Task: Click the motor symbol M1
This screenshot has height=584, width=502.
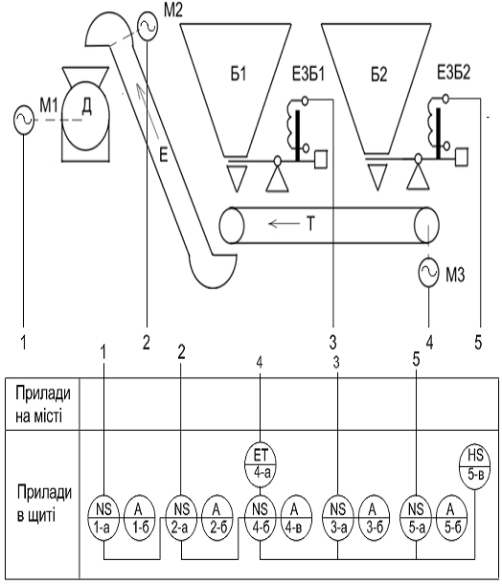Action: (24, 119)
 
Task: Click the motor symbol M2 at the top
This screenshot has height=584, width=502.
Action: (148, 26)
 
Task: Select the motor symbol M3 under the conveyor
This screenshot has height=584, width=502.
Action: (428, 273)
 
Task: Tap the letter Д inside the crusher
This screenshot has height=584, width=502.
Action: (86, 107)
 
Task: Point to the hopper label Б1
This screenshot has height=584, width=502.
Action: (239, 75)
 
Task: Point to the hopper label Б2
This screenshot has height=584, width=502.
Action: (379, 75)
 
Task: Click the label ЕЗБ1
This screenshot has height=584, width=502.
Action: (308, 74)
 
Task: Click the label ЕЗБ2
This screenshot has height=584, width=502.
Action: (453, 73)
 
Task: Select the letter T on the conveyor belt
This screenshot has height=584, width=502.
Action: (310, 224)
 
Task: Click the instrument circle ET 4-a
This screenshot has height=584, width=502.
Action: (261, 465)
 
